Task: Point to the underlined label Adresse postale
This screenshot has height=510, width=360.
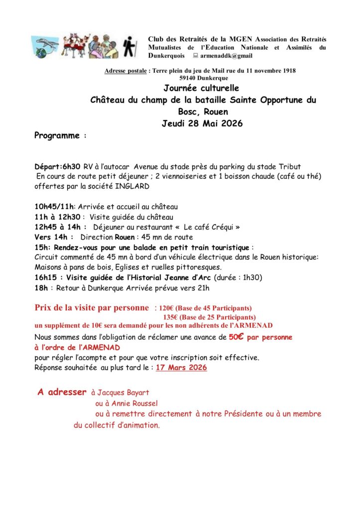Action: (125, 71)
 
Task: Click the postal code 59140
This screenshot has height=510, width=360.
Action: (190, 78)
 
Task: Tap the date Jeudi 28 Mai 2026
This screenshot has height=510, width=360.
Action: (202, 124)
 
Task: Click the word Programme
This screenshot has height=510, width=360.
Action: (57, 135)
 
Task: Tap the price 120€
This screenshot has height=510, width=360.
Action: (167, 308)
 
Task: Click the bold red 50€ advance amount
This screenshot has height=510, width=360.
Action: (236, 337)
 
